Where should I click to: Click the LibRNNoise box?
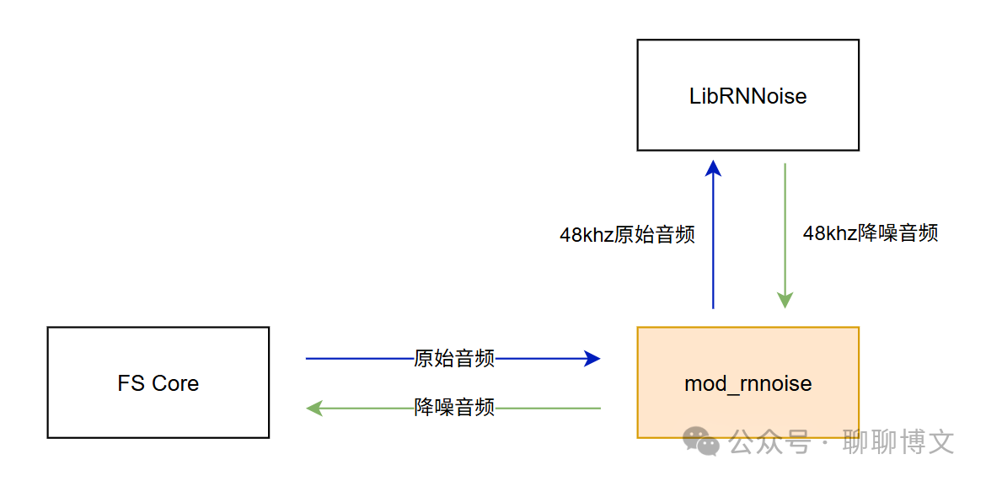pyautogui.click(x=748, y=95)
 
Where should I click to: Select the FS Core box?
pyautogui.click(x=158, y=382)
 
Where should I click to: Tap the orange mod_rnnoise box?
pyautogui.click(x=748, y=382)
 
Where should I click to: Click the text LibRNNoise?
pyautogui.click(x=748, y=96)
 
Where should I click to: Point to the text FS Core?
pyautogui.click(x=158, y=383)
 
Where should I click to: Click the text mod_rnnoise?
pyautogui.click(x=748, y=384)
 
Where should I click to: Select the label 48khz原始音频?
pyautogui.click(x=627, y=235)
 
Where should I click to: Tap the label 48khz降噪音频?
pyautogui.click(x=871, y=233)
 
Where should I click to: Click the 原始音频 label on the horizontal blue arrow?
pyautogui.click(x=454, y=359)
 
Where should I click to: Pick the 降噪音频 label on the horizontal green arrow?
pyautogui.click(x=454, y=408)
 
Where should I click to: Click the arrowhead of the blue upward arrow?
pyautogui.click(x=713, y=168)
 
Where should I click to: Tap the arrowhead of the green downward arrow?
pyautogui.click(x=785, y=299)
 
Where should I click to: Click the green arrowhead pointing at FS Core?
pyautogui.click(x=315, y=408)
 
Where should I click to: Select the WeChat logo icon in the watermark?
pyautogui.click(x=701, y=440)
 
